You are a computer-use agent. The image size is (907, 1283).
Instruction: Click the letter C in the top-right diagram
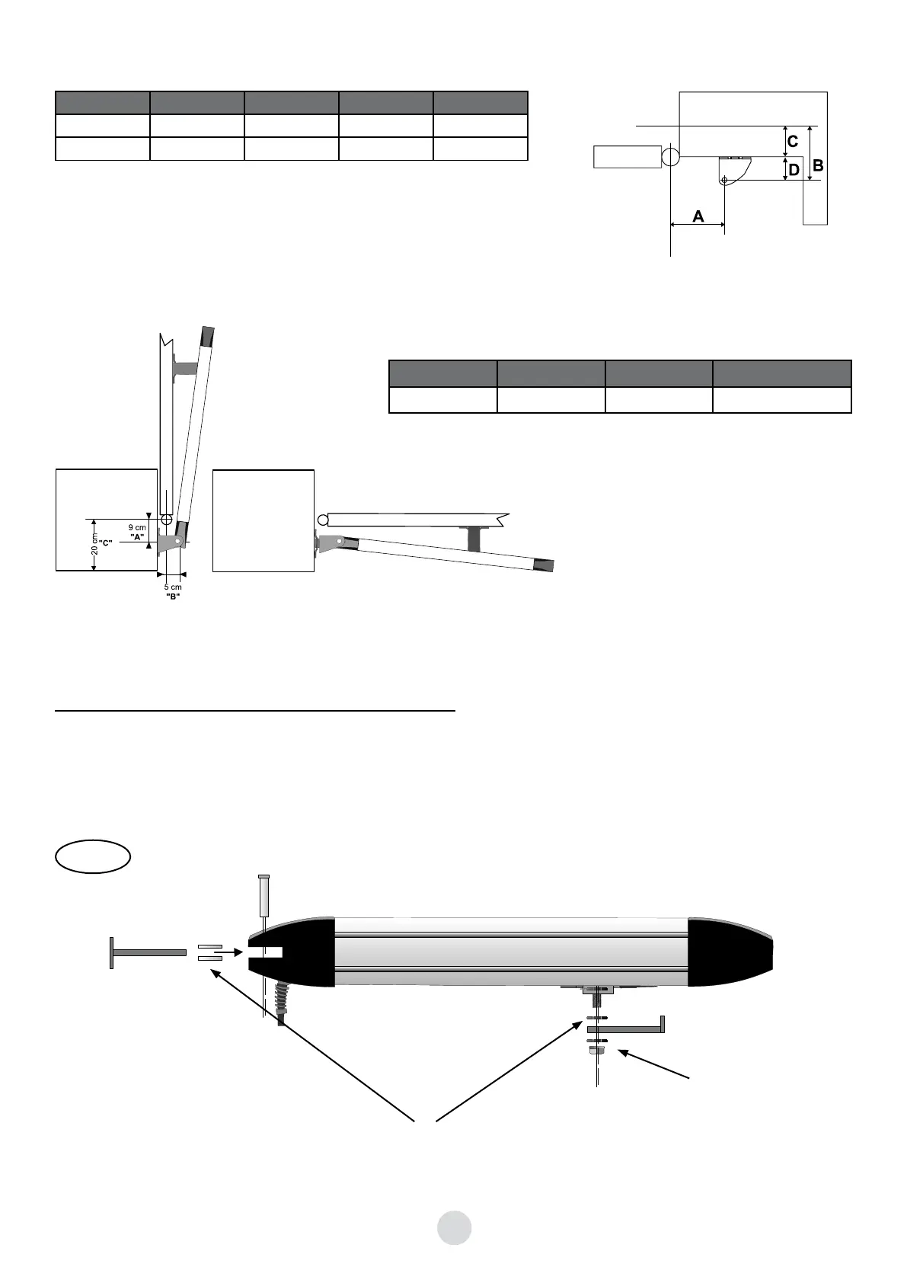(x=793, y=142)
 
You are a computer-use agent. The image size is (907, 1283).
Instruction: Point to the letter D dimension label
(x=794, y=170)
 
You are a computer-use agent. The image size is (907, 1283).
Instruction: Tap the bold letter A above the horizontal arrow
(x=698, y=216)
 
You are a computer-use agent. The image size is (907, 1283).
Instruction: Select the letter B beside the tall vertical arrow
(x=818, y=165)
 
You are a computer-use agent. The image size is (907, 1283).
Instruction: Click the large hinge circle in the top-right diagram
(x=671, y=156)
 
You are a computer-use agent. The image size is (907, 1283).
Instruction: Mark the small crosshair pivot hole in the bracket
(x=724, y=180)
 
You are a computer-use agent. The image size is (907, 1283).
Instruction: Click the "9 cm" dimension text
(x=137, y=527)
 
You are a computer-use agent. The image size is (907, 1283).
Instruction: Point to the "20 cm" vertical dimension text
(x=94, y=545)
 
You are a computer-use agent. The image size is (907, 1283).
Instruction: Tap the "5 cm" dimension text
(x=173, y=587)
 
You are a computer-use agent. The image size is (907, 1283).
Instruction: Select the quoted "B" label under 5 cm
(x=173, y=596)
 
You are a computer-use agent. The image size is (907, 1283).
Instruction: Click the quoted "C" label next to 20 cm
(x=106, y=542)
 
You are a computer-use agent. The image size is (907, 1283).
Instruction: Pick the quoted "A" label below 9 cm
(x=137, y=536)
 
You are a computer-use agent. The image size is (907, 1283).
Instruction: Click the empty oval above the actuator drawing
(x=93, y=856)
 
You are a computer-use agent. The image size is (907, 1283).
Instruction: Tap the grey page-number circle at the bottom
(x=454, y=1227)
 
